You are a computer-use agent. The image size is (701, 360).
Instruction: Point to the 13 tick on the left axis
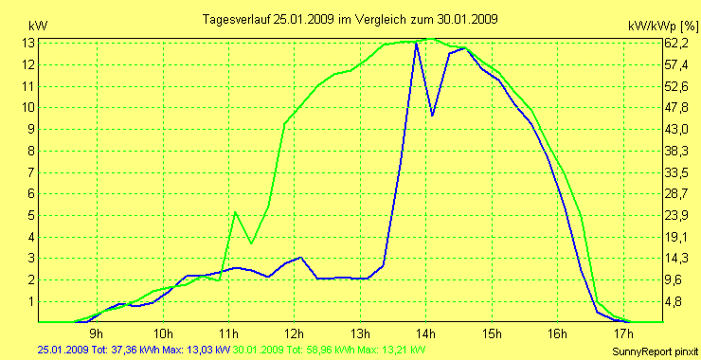29,43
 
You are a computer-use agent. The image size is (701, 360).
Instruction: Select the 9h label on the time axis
96,333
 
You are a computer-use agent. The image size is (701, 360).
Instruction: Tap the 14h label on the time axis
425,333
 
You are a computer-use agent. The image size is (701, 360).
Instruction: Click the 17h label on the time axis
622,333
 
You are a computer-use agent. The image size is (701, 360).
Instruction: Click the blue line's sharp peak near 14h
416,44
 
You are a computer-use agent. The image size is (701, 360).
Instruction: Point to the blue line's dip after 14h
432,116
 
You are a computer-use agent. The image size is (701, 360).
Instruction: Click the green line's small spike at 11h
235,211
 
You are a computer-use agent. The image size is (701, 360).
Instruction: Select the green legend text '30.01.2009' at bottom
259,350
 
